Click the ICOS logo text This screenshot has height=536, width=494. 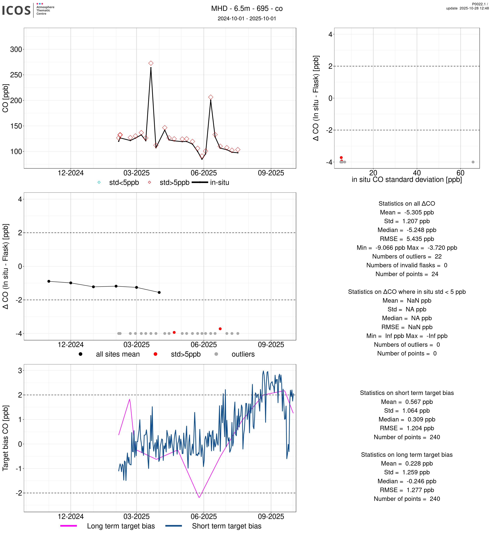(17, 10)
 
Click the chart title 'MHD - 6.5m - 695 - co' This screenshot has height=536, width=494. (247, 9)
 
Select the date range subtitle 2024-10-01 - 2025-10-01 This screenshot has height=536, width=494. (247, 18)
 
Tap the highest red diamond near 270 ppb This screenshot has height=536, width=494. (151, 63)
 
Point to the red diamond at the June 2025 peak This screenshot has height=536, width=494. (211, 97)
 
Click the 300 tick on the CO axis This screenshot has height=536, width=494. (16, 49)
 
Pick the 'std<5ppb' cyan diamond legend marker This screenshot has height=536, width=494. (99, 182)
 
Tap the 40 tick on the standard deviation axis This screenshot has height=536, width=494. (417, 173)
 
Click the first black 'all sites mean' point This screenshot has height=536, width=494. (49, 281)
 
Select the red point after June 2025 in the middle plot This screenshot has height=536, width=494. (220, 329)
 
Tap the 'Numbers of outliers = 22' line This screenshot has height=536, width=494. (407, 256)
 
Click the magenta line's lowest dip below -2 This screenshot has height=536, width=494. (199, 497)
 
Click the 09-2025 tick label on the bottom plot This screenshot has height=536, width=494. (271, 517)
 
